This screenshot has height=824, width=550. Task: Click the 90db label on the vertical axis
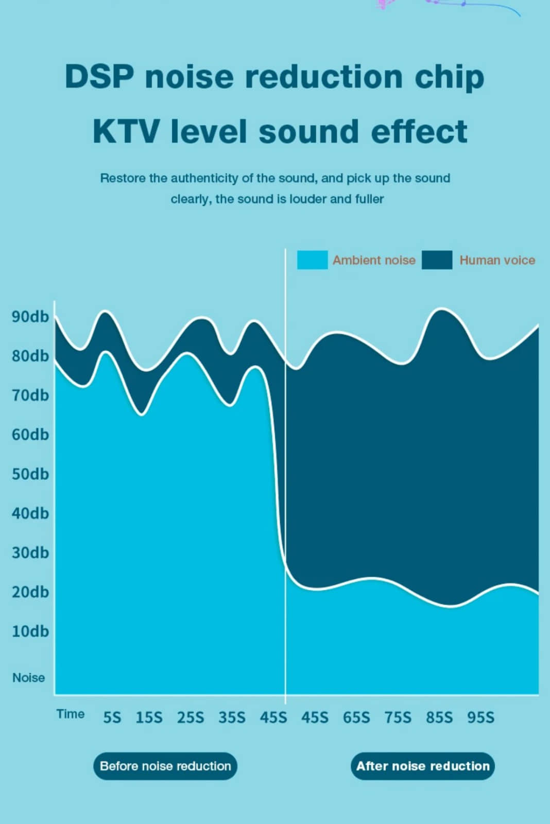tap(30, 316)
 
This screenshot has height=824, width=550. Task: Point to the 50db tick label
tap(30, 474)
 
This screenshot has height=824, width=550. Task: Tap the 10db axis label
tap(30, 631)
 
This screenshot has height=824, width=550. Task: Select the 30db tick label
tap(30, 553)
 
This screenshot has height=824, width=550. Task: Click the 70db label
tap(30, 395)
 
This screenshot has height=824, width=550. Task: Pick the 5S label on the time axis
tap(112, 717)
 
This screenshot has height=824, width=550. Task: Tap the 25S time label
tap(191, 717)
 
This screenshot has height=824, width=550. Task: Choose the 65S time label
tap(356, 717)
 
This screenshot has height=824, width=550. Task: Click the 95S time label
tap(480, 717)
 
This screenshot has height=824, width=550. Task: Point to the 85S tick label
tap(439, 717)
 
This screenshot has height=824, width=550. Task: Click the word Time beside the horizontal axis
tap(71, 714)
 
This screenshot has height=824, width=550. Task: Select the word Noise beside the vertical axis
tap(29, 678)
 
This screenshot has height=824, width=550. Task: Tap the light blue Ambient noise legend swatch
tap(312, 260)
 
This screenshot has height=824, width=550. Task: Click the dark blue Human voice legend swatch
tap(437, 260)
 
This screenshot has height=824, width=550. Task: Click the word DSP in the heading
tap(99, 77)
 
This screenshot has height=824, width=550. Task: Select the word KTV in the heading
tap(126, 131)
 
